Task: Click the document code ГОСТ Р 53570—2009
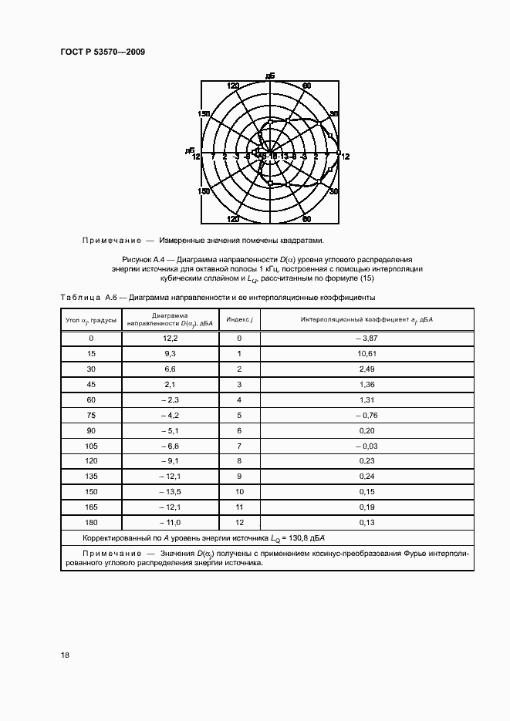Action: pyautogui.click(x=103, y=52)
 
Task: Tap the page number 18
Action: pyautogui.click(x=66, y=655)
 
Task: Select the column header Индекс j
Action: pyautogui.click(x=239, y=318)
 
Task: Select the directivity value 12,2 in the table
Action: pyautogui.click(x=171, y=339)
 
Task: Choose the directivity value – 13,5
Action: pyautogui.click(x=170, y=491)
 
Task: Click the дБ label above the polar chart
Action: pyautogui.click(x=269, y=76)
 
